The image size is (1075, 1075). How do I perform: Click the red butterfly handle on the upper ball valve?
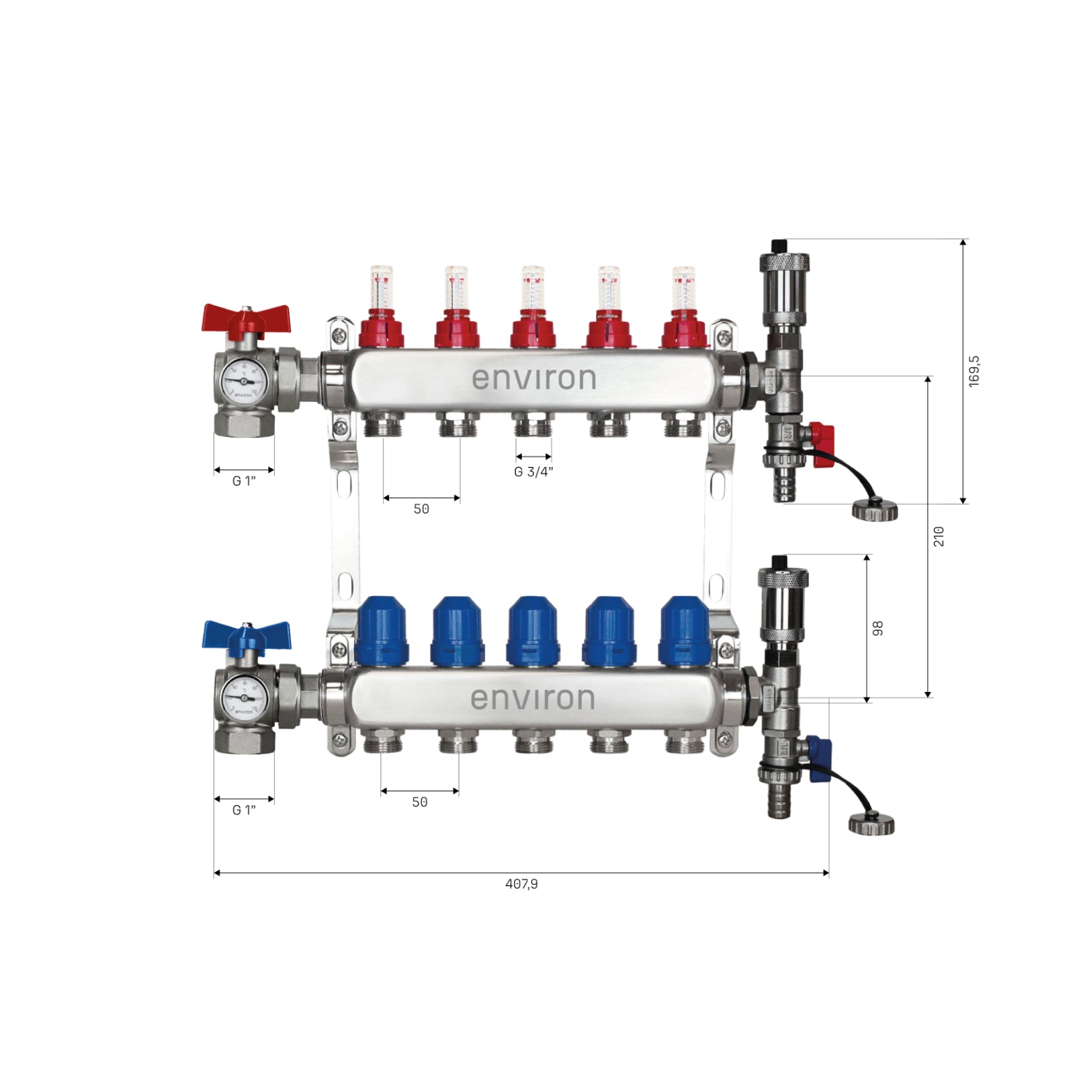(246, 319)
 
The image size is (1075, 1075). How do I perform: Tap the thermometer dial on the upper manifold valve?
(243, 380)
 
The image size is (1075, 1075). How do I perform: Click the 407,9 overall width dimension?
(521, 884)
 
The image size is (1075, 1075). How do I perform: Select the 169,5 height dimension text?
(974, 371)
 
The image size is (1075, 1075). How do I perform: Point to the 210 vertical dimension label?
(939, 536)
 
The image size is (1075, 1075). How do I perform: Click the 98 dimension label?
(877, 628)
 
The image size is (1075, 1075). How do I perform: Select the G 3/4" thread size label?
(533, 472)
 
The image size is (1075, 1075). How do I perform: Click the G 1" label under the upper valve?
(244, 481)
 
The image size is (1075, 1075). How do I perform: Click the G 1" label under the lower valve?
(244, 810)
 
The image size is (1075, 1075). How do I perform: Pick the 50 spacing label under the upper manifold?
(421, 509)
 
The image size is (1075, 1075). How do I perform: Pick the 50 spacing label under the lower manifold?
(420, 802)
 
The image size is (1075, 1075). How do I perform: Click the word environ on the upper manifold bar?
(533, 378)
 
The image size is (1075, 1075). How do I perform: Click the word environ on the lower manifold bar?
(533, 699)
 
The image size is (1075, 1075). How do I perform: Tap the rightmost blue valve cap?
(684, 630)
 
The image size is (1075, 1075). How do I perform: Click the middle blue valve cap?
(533, 630)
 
